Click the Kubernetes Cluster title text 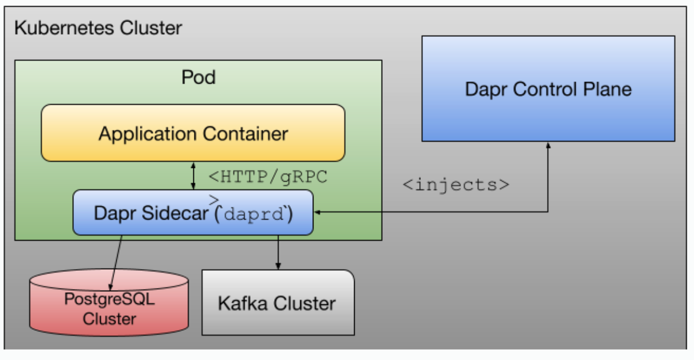(x=98, y=28)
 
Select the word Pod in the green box (x=198, y=77)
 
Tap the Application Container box (x=193, y=133)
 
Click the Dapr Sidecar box (x=193, y=213)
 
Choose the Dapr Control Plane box (x=548, y=89)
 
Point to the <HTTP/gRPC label (x=268, y=177)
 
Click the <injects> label (x=456, y=184)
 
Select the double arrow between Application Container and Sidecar (x=193, y=176)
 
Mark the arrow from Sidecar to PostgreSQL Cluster (x=116, y=262)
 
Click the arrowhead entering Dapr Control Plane (x=548, y=145)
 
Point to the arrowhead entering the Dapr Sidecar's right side (x=317, y=212)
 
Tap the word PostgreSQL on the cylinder (x=109, y=300)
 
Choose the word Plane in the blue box (x=604, y=89)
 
